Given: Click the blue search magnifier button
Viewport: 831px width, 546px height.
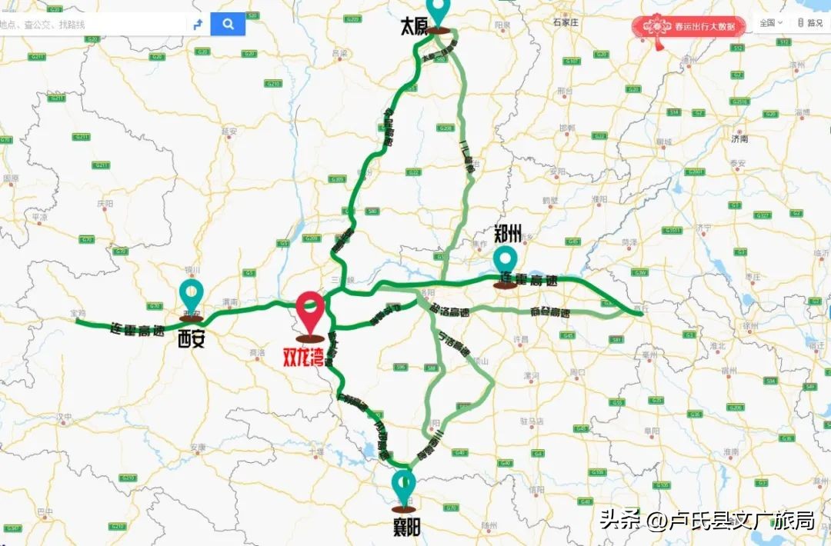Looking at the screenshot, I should coord(228,24).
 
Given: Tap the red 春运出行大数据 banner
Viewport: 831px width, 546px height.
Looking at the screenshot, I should coord(689,27).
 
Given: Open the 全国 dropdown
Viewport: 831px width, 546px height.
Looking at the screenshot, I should coord(771,23).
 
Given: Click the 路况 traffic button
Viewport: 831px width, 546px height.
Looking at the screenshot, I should coord(811,23).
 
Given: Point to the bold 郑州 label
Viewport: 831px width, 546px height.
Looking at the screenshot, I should coord(508,233).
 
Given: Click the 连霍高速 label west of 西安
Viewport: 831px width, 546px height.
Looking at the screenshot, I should coord(138,331).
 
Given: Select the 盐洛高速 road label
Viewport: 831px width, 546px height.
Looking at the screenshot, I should coord(450,311).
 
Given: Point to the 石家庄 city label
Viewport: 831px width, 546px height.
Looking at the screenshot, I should coord(565,22).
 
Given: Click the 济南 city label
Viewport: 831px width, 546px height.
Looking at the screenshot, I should coord(739,139).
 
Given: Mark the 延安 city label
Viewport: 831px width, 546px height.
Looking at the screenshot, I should coord(229,131).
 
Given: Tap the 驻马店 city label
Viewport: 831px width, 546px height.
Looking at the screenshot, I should coord(532,421).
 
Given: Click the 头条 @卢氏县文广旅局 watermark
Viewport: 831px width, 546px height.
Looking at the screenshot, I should coord(706,520).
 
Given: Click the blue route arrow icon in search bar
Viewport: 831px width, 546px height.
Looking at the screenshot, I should coord(198,24).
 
